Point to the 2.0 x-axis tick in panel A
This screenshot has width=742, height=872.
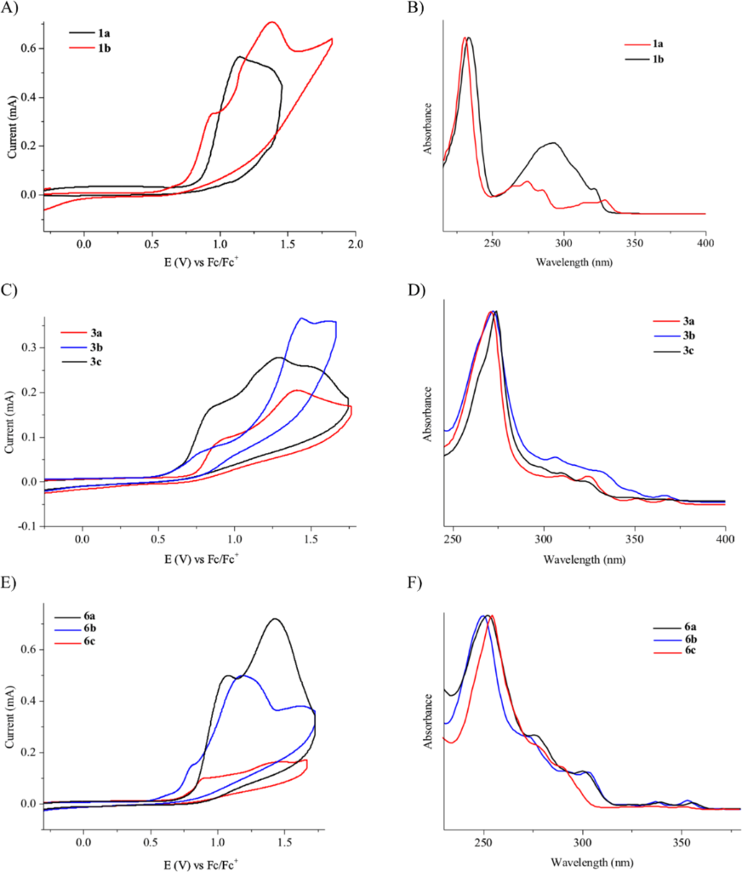click(356, 244)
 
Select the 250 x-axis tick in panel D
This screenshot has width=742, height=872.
click(453, 540)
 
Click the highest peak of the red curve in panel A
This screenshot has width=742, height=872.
click(272, 22)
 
